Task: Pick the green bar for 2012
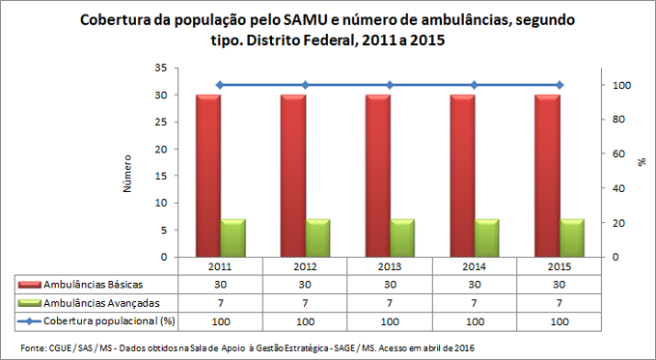click(x=318, y=238)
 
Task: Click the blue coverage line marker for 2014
click(x=474, y=85)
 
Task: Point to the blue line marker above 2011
click(x=220, y=85)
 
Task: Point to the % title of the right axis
click(x=642, y=163)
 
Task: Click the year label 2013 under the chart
click(x=390, y=266)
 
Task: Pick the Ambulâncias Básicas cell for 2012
click(x=305, y=285)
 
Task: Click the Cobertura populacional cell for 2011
click(x=220, y=319)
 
